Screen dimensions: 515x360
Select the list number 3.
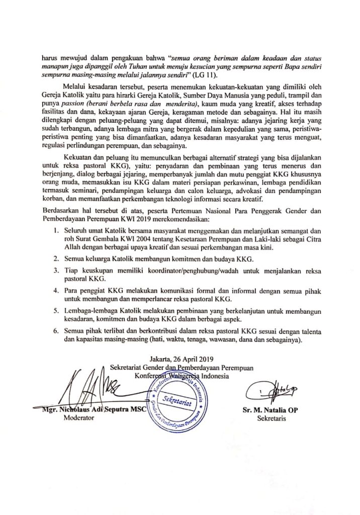(56, 271)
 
